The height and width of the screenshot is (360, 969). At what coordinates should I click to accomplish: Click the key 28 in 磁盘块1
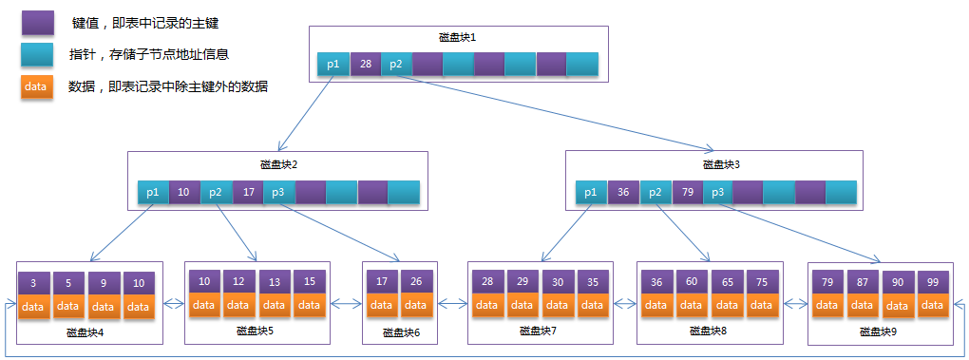[x=365, y=65]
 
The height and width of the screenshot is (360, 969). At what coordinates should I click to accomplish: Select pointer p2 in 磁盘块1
[x=396, y=65]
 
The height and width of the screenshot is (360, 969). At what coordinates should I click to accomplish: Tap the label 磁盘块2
[x=279, y=164]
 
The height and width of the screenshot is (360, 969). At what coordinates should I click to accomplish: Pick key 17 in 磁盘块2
[x=247, y=192]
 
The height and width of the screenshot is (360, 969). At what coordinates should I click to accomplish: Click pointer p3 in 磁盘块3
[x=718, y=192]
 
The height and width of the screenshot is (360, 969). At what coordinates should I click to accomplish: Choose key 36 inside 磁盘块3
[x=623, y=192]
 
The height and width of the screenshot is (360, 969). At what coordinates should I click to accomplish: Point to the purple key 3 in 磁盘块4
[x=34, y=282]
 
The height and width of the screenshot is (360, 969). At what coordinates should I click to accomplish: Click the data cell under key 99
[x=932, y=305]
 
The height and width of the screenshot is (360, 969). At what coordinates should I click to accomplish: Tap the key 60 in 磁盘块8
[x=692, y=281]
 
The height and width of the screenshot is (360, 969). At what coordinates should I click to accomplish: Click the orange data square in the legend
[x=36, y=87]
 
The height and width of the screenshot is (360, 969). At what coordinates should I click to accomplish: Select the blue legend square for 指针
[x=36, y=54]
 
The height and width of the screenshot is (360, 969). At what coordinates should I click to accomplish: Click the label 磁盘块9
[x=877, y=332]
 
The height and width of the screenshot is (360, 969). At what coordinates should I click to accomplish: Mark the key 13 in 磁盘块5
[x=274, y=281]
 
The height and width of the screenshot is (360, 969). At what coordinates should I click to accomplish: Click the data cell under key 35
[x=591, y=305]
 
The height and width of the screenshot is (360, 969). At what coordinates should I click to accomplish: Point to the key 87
[x=862, y=281]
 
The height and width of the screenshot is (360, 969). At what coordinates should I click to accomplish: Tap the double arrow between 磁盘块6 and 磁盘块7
[x=451, y=305]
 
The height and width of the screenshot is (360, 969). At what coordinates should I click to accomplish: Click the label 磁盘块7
[x=538, y=332]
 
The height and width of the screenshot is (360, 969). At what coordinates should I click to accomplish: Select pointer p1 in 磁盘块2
[x=152, y=192]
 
